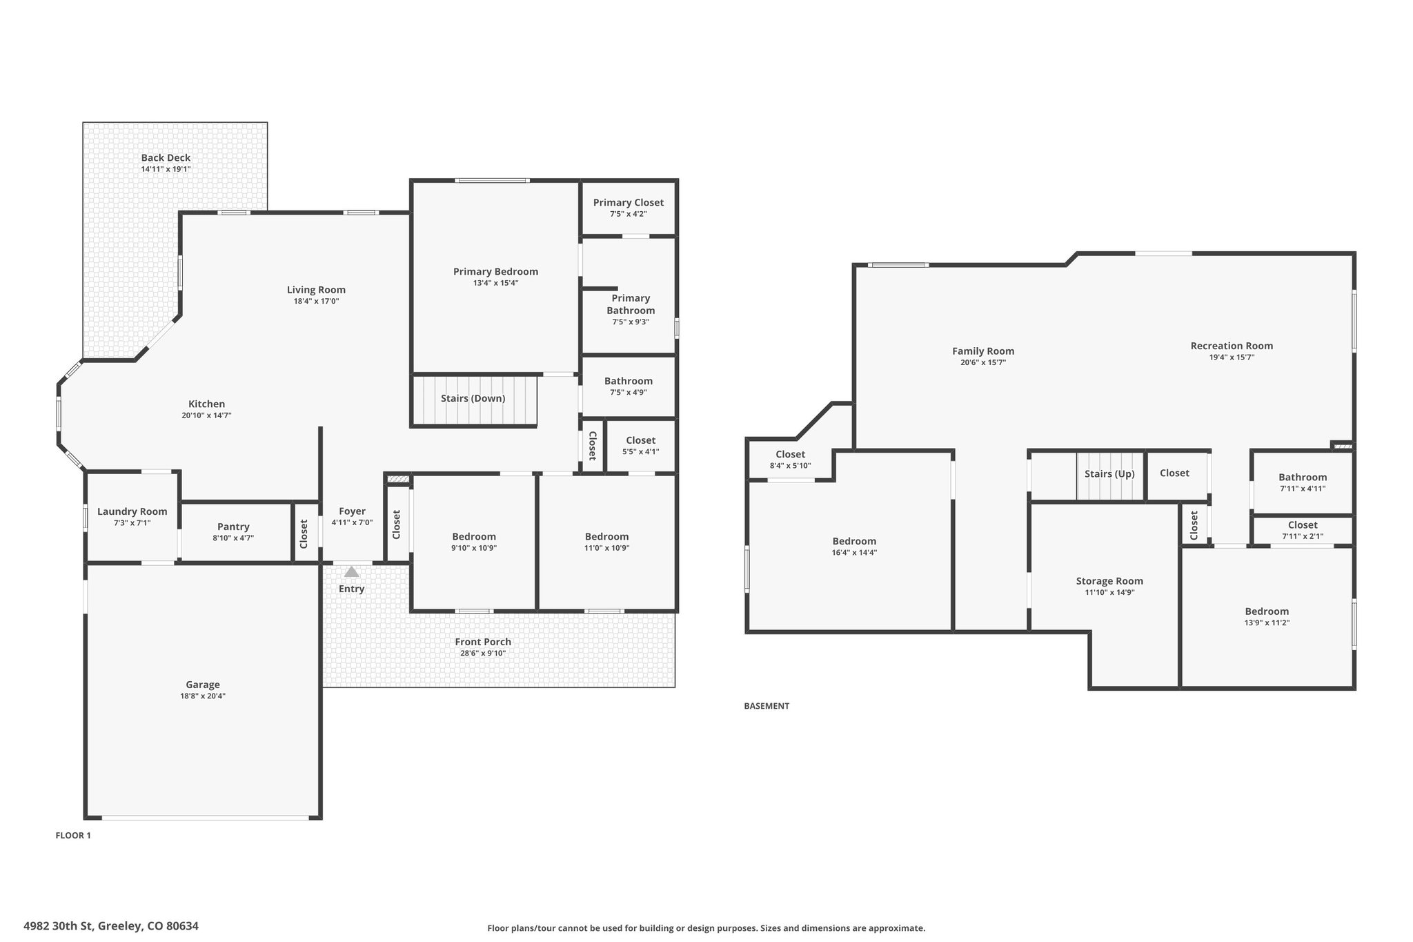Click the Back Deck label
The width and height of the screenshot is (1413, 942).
[166, 157]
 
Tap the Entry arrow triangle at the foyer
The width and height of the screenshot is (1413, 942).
[352, 571]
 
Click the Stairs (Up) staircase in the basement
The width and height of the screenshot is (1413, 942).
[1110, 475]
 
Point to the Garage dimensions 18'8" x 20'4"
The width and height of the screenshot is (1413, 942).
[203, 696]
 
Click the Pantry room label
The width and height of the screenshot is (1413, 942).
[233, 527]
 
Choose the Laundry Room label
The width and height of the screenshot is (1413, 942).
[132, 511]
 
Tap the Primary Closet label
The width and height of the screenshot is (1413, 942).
[629, 202]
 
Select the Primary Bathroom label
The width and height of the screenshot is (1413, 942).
[631, 304]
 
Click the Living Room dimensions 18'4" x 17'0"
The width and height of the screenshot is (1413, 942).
[316, 301]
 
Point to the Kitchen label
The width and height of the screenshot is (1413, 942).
[206, 404]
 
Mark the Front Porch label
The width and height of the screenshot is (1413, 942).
[483, 642]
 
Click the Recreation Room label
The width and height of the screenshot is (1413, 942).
[1232, 346]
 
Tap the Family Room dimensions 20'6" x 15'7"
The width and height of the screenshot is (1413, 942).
[983, 362]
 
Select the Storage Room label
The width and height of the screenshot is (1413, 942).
[1109, 581]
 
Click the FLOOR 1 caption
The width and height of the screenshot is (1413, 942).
[73, 835]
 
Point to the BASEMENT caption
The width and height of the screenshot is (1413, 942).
[767, 706]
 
